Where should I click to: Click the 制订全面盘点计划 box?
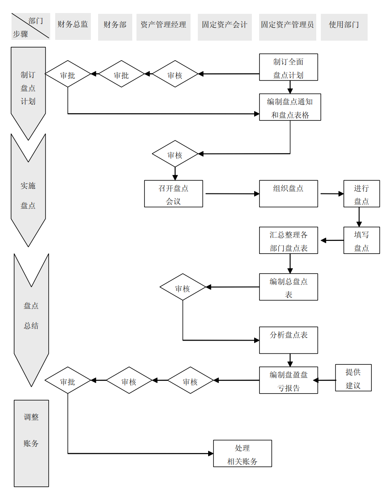click(x=288, y=67)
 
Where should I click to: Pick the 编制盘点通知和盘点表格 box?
click(x=290, y=107)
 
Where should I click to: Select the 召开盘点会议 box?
click(x=173, y=194)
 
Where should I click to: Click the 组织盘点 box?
click(x=288, y=194)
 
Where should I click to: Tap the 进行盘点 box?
click(x=361, y=194)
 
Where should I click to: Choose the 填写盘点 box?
click(x=361, y=240)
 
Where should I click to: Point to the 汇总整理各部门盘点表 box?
click(x=288, y=240)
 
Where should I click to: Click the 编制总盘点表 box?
click(x=288, y=287)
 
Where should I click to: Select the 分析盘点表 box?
click(x=288, y=340)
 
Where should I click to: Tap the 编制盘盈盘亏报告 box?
click(x=288, y=380)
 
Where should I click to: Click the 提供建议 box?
click(x=353, y=378)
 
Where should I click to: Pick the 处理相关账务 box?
click(x=242, y=453)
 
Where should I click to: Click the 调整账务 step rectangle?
click(x=31, y=443)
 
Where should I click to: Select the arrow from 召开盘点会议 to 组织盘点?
click(x=232, y=194)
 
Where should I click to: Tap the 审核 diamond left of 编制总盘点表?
click(x=182, y=287)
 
